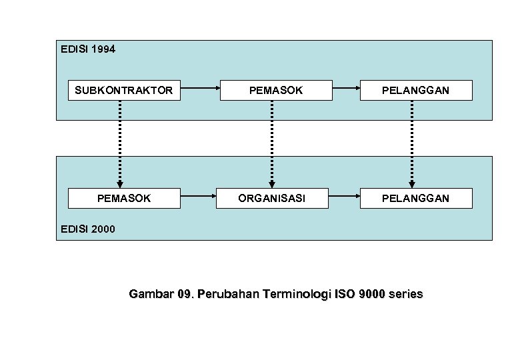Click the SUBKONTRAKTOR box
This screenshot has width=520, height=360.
point(124,90)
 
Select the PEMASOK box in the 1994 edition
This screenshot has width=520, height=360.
point(276,90)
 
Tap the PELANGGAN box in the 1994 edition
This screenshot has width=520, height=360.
point(416,90)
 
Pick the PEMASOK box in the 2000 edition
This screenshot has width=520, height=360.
point(124,198)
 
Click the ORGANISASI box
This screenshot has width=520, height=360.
point(273,198)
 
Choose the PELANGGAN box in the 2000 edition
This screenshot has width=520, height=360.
point(416,198)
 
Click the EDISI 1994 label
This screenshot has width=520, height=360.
point(87,49)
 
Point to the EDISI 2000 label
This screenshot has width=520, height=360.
point(87,229)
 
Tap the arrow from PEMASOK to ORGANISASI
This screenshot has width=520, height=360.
point(199,196)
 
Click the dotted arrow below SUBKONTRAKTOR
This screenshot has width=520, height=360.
point(120,143)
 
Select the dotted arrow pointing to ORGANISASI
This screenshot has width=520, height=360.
point(272,143)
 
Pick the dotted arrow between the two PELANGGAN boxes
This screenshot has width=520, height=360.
point(412,143)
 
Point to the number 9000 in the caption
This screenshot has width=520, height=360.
point(371,294)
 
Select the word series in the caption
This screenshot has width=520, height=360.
point(405,294)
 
